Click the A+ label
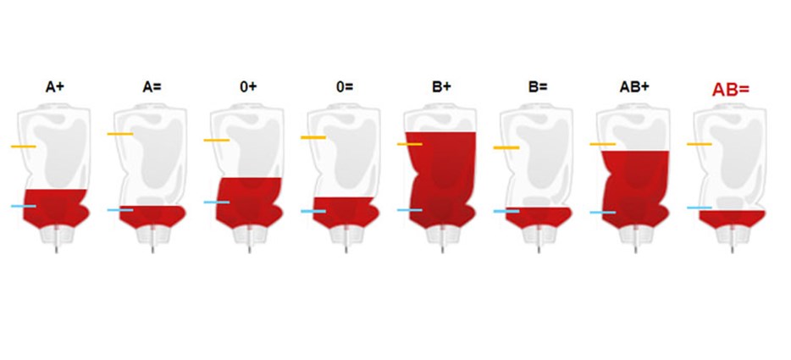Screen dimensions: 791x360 (55, 87)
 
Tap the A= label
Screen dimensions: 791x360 (152, 87)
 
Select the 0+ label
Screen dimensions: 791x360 (248, 87)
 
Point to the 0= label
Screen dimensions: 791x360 (345, 87)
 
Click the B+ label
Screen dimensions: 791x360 (441, 87)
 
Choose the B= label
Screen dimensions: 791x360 (538, 87)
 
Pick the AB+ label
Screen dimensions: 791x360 (634, 87)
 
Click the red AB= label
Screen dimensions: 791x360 (731, 90)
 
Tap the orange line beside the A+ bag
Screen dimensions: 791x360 (24, 147)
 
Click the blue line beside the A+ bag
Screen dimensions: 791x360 (24, 206)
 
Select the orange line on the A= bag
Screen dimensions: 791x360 (120, 134)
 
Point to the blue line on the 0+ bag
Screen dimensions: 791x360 (217, 202)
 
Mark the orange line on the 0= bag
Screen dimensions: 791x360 (313, 137)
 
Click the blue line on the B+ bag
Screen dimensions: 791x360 (410, 210)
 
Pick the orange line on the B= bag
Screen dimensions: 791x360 (506, 148)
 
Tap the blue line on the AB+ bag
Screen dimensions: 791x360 (603, 213)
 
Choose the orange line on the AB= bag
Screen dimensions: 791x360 (700, 144)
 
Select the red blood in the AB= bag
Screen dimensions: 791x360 (732, 219)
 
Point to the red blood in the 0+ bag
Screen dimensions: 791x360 (248, 202)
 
